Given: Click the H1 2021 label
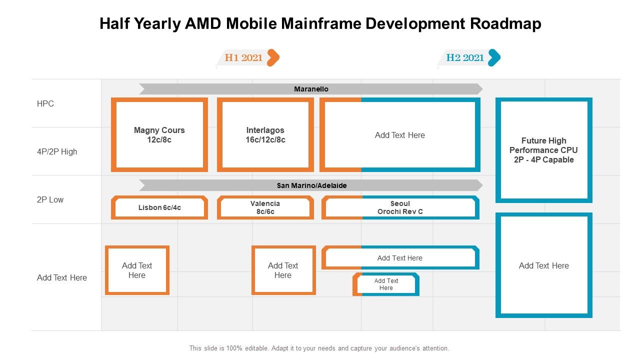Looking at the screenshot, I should pos(243,57).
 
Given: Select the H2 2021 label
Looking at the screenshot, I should pos(465,57).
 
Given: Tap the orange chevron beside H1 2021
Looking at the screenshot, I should pos(273,57).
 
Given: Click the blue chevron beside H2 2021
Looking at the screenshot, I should pos(494,57).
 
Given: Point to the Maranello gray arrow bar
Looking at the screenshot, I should pos(310,89).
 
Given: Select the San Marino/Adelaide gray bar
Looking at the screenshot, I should pos(310,185).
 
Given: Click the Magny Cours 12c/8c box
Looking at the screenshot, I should pos(159,135).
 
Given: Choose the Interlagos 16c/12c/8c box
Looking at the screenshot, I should pos(265,135).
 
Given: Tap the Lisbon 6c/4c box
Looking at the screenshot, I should pos(159,207).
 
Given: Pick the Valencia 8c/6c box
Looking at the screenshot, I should pos(265,207).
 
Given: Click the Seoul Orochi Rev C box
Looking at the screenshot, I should pos(400,207).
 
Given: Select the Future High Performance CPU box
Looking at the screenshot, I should pos(544,150).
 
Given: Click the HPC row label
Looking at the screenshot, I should pos(45,104).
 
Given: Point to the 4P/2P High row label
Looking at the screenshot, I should pos(57,151).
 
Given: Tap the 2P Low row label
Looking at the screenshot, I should pos(50,199).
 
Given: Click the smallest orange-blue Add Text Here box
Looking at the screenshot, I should pos(386,284).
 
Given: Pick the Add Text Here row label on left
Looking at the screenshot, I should pos(62,277).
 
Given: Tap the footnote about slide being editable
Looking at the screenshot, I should pos(319,348).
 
